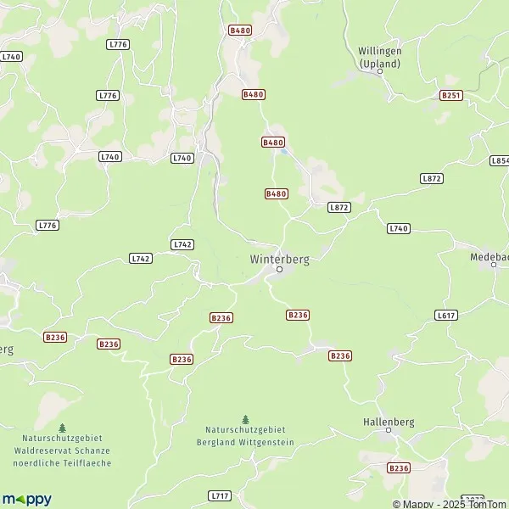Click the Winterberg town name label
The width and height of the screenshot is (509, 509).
[x=279, y=259]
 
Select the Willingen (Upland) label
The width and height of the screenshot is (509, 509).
[x=379, y=58]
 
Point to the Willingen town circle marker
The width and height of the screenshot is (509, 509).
[x=380, y=71]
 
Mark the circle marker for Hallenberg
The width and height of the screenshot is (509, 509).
[x=389, y=431]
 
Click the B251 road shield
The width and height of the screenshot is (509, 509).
[x=450, y=96]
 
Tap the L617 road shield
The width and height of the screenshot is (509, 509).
[x=445, y=315]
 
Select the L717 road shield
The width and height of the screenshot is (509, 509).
[x=220, y=495]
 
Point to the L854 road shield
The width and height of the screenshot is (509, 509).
[x=500, y=160]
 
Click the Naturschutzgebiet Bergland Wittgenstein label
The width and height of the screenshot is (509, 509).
[x=246, y=437]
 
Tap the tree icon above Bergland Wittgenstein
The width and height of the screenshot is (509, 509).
[x=246, y=419]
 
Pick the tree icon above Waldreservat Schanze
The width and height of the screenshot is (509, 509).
[x=62, y=428]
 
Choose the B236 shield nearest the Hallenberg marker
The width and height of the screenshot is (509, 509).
[x=398, y=467]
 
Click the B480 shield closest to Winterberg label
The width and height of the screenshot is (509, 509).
[x=277, y=194]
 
